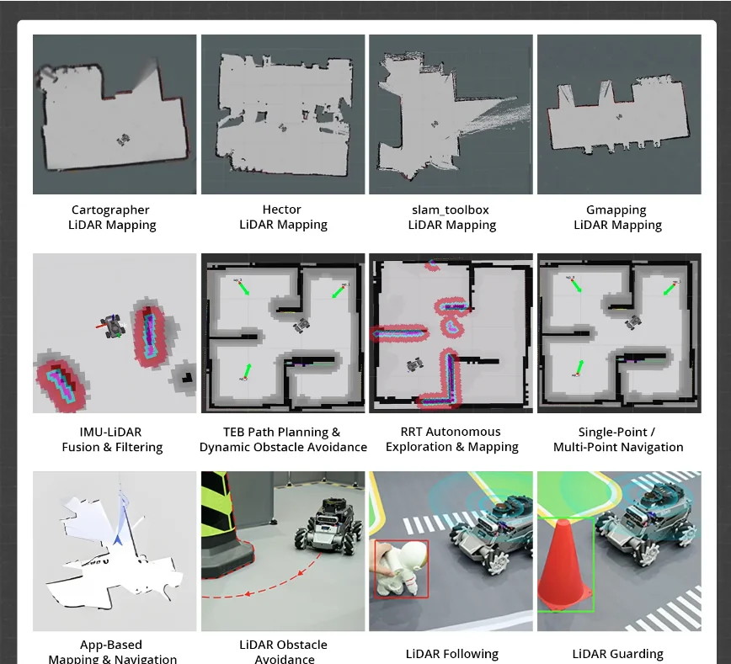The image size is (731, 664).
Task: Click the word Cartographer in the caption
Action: pyautogui.click(x=110, y=210)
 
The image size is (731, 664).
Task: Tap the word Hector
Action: pyautogui.click(x=281, y=210)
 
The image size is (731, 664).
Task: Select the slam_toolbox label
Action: pyautogui.click(x=451, y=210)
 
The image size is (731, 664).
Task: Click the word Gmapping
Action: pyautogui.click(x=616, y=210)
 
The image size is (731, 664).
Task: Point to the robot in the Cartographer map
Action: pyautogui.click(x=123, y=140)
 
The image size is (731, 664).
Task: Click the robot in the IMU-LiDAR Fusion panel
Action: pyautogui.click(x=112, y=325)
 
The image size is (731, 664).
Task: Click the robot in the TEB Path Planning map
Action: pyautogui.click(x=301, y=325)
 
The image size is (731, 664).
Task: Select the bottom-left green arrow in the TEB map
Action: pyautogui.click(x=246, y=371)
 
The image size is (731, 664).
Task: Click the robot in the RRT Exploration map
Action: pyautogui.click(x=414, y=365)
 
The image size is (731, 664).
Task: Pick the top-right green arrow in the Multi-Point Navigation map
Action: pyautogui.click(x=669, y=289)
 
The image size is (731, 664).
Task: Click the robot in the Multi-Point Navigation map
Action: pyautogui.click(x=632, y=321)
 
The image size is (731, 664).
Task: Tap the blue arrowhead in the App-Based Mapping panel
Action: pyautogui.click(x=118, y=539)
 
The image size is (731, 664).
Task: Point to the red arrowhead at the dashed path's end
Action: pyautogui.click(x=248, y=593)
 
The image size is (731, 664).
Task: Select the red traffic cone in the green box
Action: pyautogui.click(x=564, y=566)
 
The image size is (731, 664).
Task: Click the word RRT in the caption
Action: pyautogui.click(x=410, y=432)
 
